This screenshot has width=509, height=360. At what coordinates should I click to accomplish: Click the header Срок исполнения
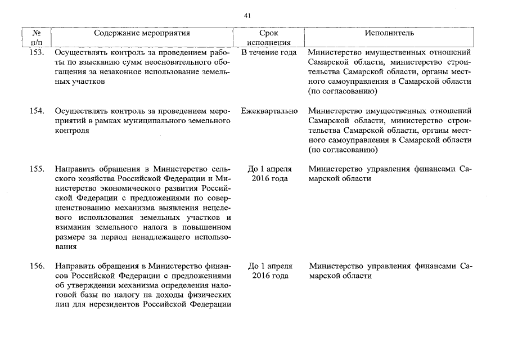[x=268, y=38]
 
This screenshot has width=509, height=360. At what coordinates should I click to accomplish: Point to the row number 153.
[x=37, y=52]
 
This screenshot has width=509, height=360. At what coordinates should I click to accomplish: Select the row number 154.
[x=37, y=111]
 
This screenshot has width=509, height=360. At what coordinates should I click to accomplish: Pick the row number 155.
[x=37, y=169]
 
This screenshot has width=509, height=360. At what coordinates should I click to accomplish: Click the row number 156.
[x=37, y=265]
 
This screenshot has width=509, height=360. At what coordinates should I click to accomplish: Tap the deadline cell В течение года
[x=268, y=52]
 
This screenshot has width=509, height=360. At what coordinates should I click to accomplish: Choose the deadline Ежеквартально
[x=269, y=111]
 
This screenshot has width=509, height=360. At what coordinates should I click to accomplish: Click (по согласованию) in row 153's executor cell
[x=343, y=91]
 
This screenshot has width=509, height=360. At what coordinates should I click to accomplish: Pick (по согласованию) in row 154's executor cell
[x=343, y=150]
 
